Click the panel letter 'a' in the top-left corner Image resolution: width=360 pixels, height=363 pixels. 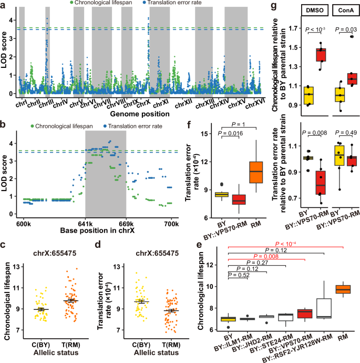click(4, 4)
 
